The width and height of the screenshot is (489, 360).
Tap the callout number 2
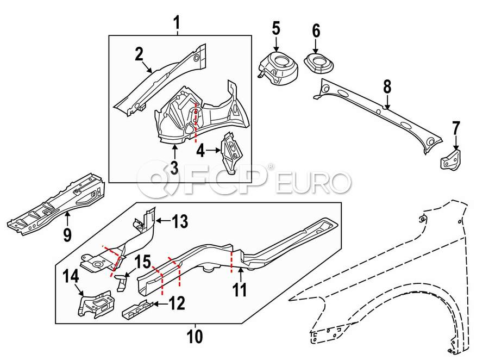pyautogui.click(x=139, y=54)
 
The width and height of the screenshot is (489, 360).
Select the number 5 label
pyautogui.click(x=276, y=28)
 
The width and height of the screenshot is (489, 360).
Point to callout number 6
pyautogui.click(x=316, y=31)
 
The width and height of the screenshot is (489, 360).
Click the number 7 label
pyautogui.click(x=456, y=129)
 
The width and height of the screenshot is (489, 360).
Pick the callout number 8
pyautogui.click(x=387, y=87)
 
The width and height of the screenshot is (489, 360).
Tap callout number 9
pyautogui.click(x=67, y=234)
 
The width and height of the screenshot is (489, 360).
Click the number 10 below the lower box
pyautogui.click(x=195, y=337)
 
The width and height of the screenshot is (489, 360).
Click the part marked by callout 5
pyautogui.click(x=278, y=69)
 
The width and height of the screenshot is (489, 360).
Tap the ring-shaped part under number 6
pyautogui.click(x=318, y=64)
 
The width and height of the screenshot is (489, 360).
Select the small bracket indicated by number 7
pyautogui.click(x=450, y=159)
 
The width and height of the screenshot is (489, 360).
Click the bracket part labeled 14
pyautogui.click(x=96, y=304)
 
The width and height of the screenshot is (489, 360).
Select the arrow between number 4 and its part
pyautogui.click(x=214, y=150)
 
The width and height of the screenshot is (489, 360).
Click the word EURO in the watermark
pyautogui.click(x=314, y=182)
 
